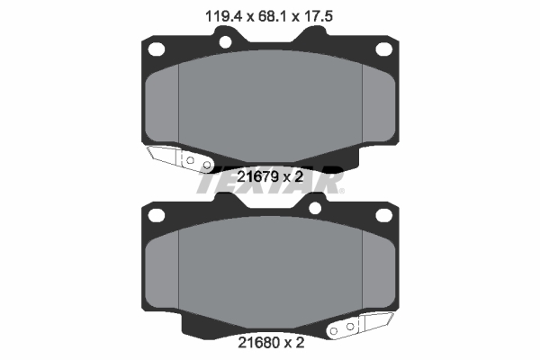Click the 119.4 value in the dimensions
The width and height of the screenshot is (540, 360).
[x=224, y=16]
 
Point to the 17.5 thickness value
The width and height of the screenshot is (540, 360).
[x=319, y=16]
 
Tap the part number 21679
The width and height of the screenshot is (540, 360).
[x=258, y=176]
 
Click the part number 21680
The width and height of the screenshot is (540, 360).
[x=258, y=342]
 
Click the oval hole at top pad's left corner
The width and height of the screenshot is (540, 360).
[x=156, y=49]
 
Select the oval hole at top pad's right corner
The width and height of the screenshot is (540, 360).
[x=384, y=49]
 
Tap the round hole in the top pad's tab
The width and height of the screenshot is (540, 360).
[x=225, y=42]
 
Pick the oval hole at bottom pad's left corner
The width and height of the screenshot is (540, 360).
[x=156, y=215]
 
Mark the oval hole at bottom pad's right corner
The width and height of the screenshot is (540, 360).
[x=384, y=215]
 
